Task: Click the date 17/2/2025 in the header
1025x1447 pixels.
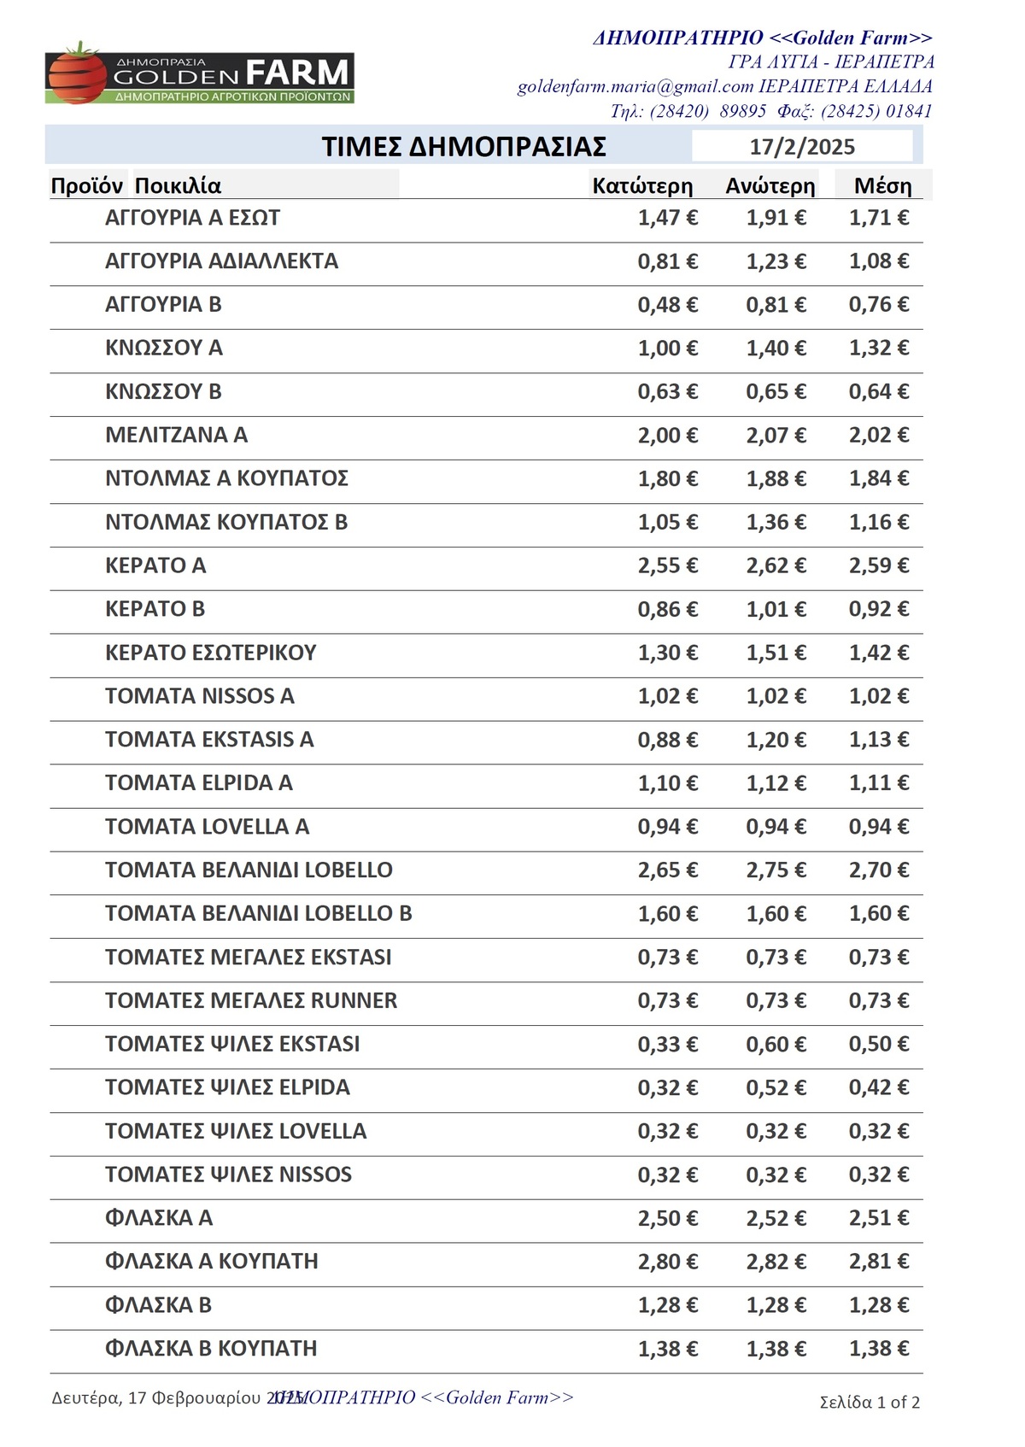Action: [802, 147]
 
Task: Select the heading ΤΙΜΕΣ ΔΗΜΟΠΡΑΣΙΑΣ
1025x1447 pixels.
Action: [464, 147]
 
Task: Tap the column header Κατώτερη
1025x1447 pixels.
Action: [642, 186]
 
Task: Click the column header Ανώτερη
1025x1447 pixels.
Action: [770, 186]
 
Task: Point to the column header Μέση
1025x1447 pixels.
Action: [882, 186]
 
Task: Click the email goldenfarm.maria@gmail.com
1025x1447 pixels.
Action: [635, 86]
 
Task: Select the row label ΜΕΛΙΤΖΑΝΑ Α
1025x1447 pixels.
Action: [176, 435]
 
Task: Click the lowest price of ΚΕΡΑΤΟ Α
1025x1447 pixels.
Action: [667, 565]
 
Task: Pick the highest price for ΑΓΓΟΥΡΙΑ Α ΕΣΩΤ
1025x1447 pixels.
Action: [776, 218]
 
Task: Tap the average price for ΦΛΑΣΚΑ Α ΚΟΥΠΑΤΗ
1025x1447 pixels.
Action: [878, 1262]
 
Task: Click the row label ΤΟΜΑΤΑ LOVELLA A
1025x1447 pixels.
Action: [207, 827]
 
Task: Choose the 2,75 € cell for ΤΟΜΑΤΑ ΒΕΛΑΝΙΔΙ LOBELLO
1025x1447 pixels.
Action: [776, 870]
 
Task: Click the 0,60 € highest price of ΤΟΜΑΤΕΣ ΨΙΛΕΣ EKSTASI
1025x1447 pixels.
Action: [776, 1044]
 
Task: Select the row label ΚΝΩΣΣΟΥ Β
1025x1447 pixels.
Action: [163, 391]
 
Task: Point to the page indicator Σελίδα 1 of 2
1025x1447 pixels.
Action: [870, 1402]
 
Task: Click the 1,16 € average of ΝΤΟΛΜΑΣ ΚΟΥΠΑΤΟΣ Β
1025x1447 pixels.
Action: [878, 522]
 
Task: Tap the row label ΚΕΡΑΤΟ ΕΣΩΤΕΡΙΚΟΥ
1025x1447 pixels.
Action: [210, 653]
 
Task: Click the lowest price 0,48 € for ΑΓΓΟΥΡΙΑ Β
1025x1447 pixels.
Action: [667, 305]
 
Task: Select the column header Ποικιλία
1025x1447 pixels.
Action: [178, 186]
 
